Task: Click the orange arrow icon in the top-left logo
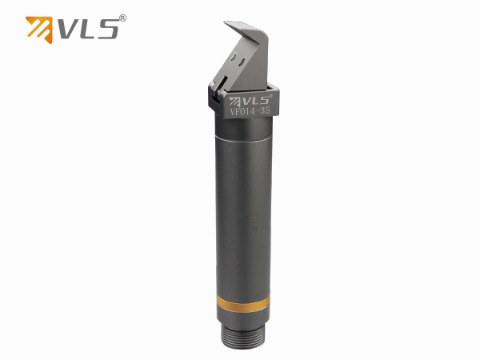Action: pyautogui.click(x=39, y=28)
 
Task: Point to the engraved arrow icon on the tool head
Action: pyautogui.click(x=237, y=101)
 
